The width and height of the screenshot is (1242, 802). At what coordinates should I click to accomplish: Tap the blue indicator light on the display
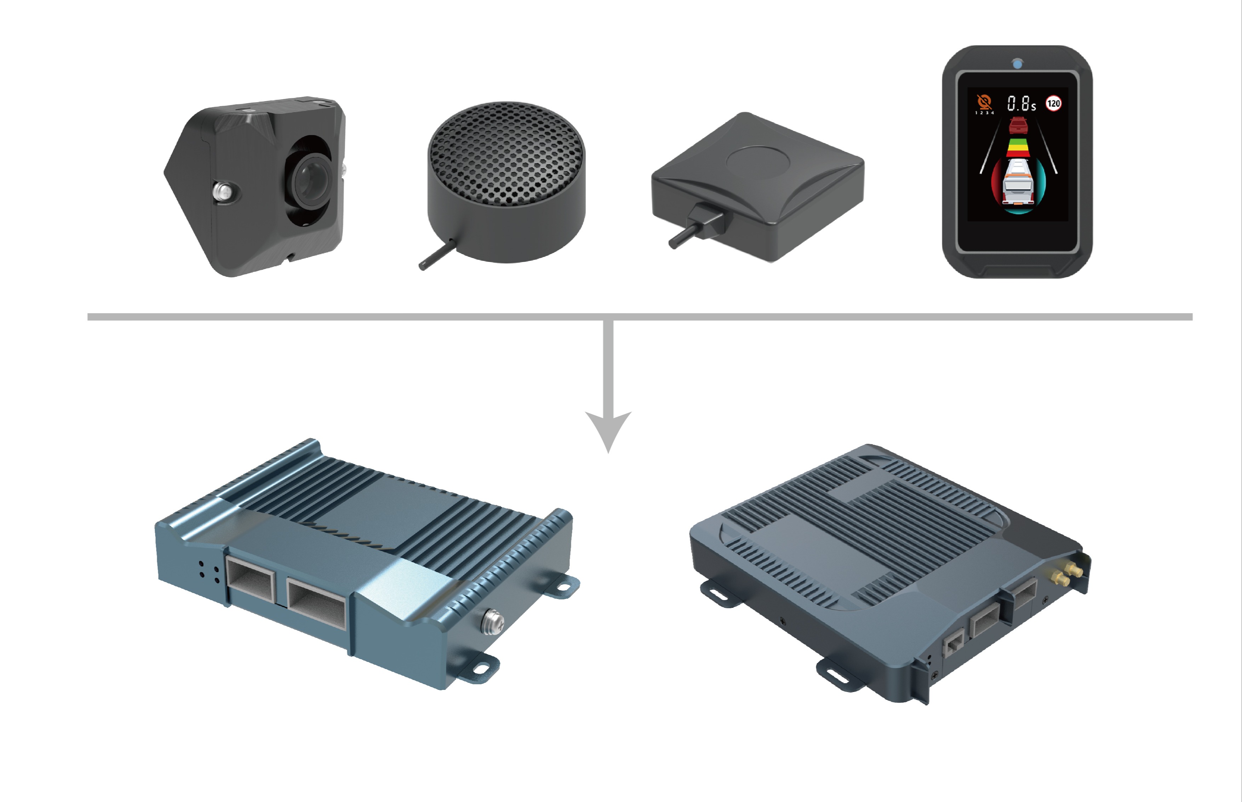(1017, 64)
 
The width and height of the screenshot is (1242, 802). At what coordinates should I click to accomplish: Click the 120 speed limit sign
(1053, 103)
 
